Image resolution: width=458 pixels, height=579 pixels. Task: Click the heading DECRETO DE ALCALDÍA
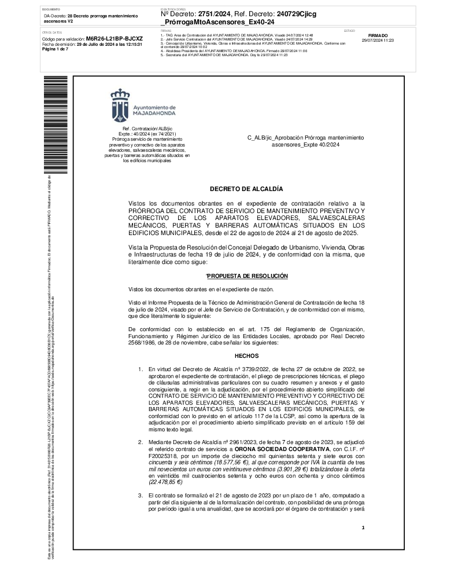click(246, 189)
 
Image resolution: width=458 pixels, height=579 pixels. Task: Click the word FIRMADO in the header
click(378, 35)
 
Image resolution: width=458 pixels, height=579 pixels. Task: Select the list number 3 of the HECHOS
click(140, 495)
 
